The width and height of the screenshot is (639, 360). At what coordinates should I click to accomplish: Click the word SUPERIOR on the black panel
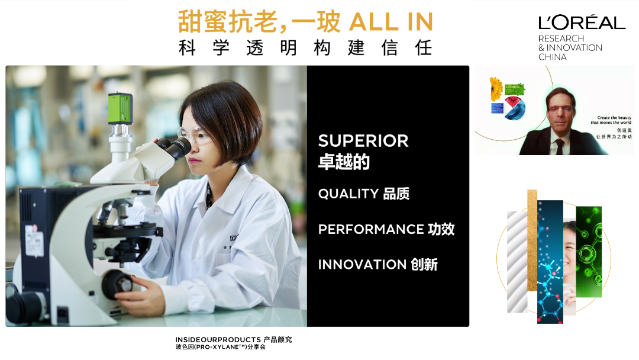point(363,141)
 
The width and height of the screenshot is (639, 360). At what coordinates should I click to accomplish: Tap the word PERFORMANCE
point(371,229)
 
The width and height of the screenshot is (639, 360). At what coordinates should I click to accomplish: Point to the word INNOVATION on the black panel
point(362,265)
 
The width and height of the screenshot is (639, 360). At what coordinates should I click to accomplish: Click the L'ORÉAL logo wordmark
point(582,23)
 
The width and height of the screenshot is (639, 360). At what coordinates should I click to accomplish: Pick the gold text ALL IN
point(391,22)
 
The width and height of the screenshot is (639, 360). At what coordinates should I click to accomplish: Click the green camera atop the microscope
point(120,108)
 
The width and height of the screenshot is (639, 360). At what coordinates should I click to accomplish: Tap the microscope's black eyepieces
point(175,147)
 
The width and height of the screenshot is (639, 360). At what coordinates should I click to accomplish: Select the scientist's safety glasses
point(195,135)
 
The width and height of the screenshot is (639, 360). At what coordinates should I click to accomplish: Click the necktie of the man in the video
point(560,147)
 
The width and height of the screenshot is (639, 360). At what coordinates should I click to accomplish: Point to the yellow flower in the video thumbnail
point(496,89)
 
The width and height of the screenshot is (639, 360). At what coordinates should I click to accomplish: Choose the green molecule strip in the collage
point(589,252)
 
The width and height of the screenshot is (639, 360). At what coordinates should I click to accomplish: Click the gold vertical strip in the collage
point(532,240)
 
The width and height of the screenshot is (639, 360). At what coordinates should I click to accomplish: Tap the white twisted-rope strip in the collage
point(517,262)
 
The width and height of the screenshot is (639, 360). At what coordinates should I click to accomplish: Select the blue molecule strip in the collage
point(550,262)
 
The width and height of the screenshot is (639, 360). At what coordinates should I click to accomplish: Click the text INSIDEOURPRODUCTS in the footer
point(218,340)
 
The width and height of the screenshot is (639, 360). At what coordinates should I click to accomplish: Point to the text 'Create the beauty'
point(614,117)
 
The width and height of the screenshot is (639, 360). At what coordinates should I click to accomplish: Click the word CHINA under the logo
point(552,57)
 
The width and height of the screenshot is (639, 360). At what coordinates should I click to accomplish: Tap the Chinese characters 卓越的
point(344,162)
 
